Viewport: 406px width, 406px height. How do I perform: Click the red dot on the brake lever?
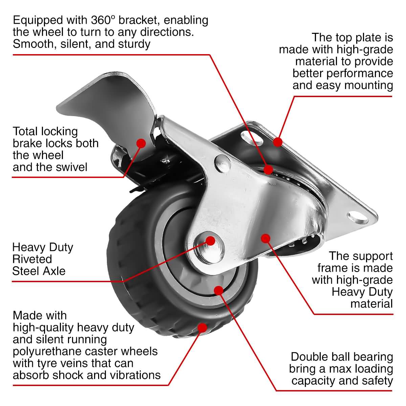click(141, 143)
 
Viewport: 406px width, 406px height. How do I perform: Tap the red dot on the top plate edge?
click(277, 142)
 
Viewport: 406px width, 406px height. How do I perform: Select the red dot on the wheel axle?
click(210, 241)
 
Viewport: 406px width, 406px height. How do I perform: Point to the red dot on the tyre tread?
click(202, 328)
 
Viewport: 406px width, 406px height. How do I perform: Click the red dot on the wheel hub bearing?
click(219, 290)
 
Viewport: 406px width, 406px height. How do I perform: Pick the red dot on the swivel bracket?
click(269, 169)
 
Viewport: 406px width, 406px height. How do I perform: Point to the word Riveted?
click(32, 259)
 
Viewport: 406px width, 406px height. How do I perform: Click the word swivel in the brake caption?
click(70, 167)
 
